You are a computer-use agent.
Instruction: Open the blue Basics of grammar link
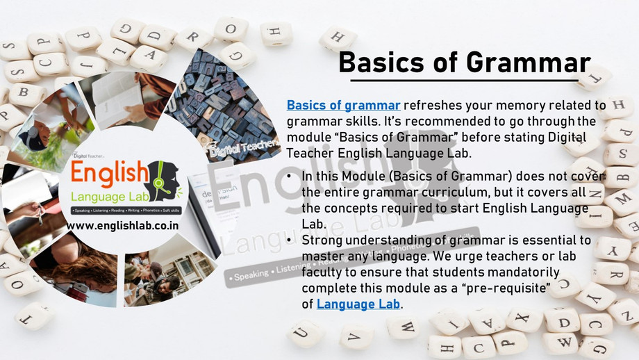(x=343, y=106)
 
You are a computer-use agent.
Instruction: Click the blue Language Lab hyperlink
(x=358, y=304)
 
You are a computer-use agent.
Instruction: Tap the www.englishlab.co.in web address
(x=124, y=226)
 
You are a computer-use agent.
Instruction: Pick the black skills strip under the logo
(x=124, y=210)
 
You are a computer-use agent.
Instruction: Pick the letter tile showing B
(x=23, y=92)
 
